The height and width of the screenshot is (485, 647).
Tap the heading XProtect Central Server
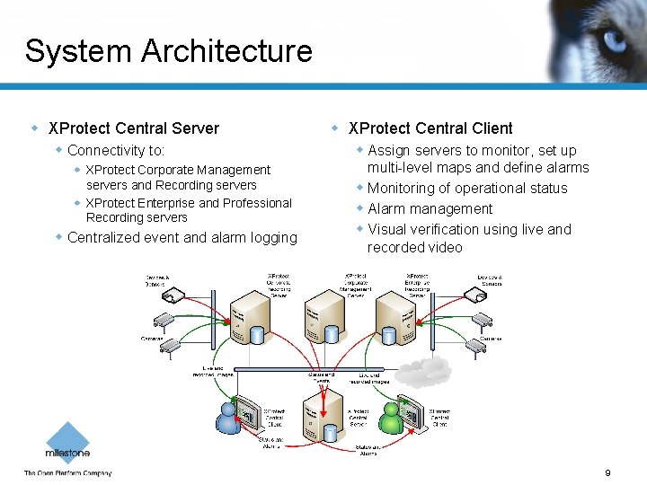(133, 128)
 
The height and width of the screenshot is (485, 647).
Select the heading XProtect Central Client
(430, 128)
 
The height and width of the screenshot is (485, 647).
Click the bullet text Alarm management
(430, 209)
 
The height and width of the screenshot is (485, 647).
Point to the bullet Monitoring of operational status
(467, 189)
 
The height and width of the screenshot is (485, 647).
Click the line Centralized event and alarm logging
(182, 238)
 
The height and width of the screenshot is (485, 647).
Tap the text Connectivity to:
(116, 151)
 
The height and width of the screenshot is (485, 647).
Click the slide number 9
(607, 473)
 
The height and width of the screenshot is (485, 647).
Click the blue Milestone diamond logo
(67, 438)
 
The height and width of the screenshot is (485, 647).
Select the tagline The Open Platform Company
(67, 473)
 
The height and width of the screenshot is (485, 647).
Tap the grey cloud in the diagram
(422, 369)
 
